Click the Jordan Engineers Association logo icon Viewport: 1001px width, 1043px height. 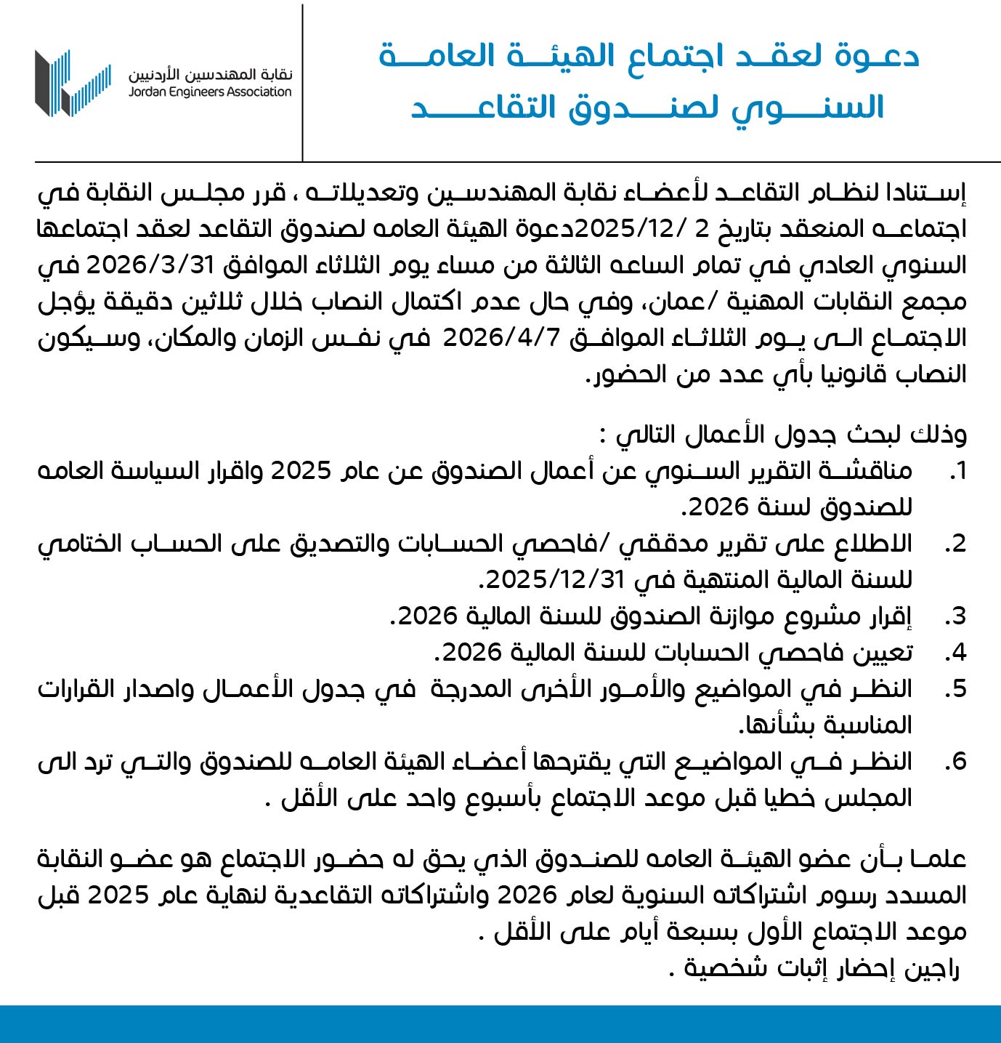73,83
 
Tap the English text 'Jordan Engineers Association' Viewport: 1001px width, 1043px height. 210,92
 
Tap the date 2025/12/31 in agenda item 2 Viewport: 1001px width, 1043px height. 556,579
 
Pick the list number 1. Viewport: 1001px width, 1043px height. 958,471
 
